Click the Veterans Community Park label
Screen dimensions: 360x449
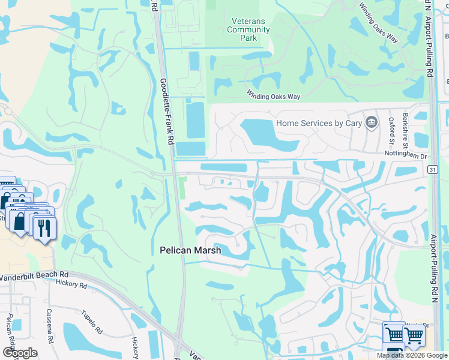250,29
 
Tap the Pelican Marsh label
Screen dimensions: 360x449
190,250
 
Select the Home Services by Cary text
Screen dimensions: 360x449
319,123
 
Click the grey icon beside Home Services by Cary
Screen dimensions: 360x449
372,122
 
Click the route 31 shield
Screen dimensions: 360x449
432,170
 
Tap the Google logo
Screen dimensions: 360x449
19,353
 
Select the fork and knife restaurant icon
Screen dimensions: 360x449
44,228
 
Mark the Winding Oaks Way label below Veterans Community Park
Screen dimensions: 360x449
273,95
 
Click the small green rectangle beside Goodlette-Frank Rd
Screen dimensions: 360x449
181,188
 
